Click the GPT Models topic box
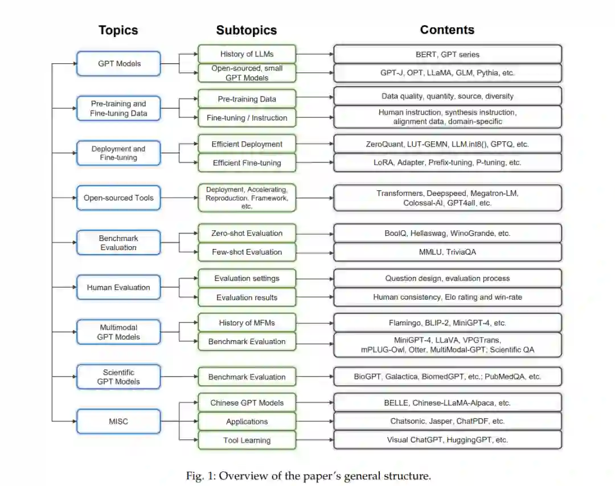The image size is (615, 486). pyautogui.click(x=119, y=64)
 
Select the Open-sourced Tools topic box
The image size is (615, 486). pyautogui.click(x=119, y=198)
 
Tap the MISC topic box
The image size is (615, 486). pyautogui.click(x=119, y=422)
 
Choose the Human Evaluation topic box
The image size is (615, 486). pyautogui.click(x=119, y=288)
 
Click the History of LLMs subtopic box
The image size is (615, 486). pyautogui.click(x=247, y=54)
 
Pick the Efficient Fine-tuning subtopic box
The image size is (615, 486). pyautogui.click(x=247, y=163)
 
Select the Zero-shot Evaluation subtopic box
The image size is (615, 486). pyautogui.click(x=247, y=233)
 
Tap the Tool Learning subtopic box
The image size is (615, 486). pyautogui.click(x=247, y=440)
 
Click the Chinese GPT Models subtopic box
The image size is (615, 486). pyautogui.click(x=247, y=403)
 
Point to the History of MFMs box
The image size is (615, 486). pyautogui.click(x=247, y=323)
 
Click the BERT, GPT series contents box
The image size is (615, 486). pyautogui.click(x=448, y=55)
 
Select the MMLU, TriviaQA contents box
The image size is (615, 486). pyautogui.click(x=448, y=252)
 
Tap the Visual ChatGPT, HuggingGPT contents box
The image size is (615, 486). pyautogui.click(x=448, y=440)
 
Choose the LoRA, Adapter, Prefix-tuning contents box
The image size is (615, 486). pyautogui.click(x=448, y=162)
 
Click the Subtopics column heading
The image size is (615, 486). pyautogui.click(x=247, y=31)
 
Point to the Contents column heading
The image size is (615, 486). pyautogui.click(x=447, y=30)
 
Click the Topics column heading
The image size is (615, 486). pyautogui.click(x=118, y=31)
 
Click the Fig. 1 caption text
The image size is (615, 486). pyautogui.click(x=308, y=476)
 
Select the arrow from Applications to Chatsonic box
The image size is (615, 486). pyautogui.click(x=314, y=422)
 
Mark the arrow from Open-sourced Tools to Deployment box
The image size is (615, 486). pyautogui.click(x=179, y=198)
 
